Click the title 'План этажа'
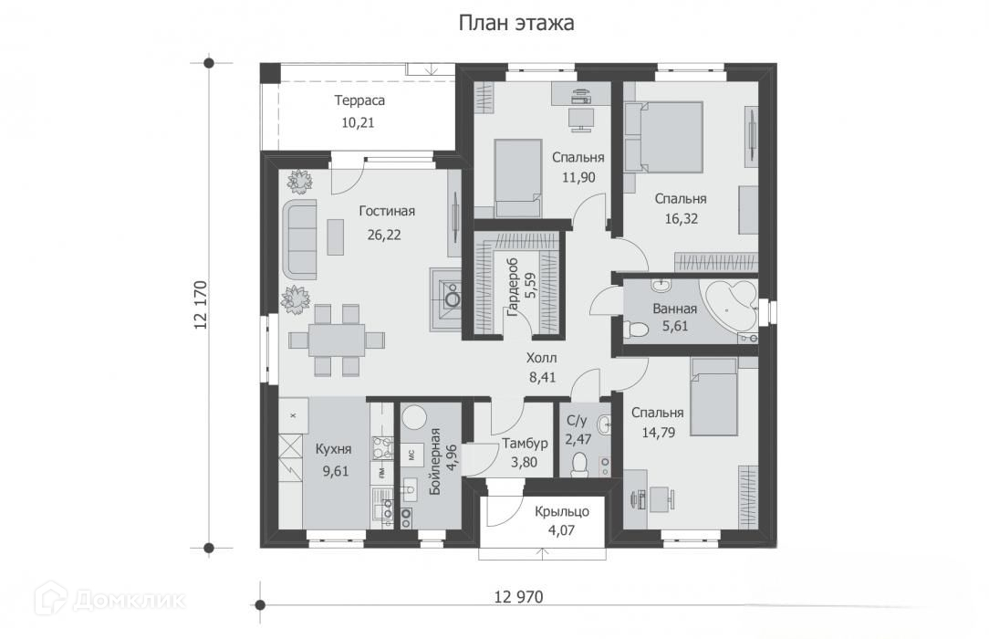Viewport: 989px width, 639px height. tap(516, 24)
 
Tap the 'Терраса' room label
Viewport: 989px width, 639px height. tap(359, 100)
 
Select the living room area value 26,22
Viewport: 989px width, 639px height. tap(384, 236)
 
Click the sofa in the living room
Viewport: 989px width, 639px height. tap(299, 239)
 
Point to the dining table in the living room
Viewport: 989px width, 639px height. tap(336, 340)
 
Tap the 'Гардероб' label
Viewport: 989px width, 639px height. tap(512, 287)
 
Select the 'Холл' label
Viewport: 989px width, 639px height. tap(542, 358)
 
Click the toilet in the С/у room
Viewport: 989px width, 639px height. tap(579, 465)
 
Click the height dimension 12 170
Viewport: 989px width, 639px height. tap(202, 305)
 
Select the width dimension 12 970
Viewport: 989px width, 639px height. tap(518, 596)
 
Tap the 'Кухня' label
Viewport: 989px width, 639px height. tap(333, 449)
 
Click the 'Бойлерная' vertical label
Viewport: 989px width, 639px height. tap(434, 461)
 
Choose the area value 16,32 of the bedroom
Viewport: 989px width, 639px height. tap(682, 219)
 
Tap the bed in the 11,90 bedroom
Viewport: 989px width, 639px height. tap(518, 179)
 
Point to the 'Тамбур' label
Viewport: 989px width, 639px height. tap(525, 443)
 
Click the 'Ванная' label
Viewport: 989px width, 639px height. tap(675, 309)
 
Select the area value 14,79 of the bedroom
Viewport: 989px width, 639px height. tap(659, 432)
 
